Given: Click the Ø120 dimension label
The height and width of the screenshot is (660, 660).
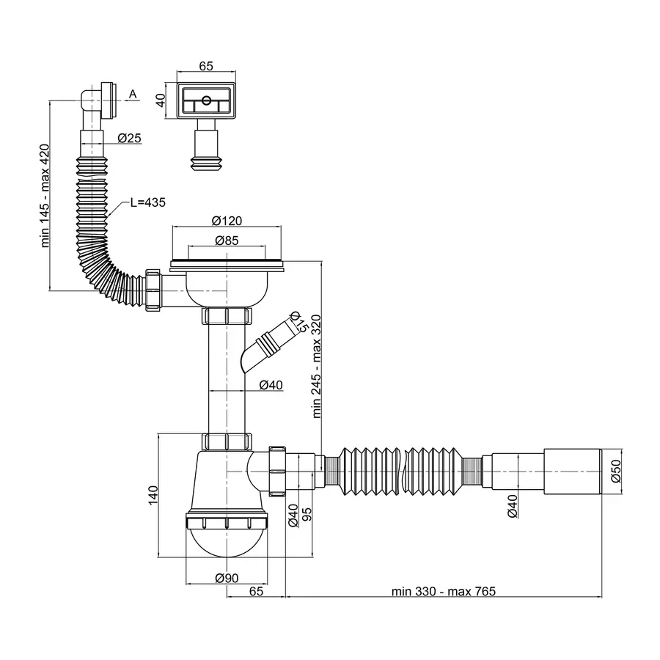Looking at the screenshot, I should click(x=227, y=221).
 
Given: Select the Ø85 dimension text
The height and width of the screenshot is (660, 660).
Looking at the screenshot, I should click(x=227, y=240).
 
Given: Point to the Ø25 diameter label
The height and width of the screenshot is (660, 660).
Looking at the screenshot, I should click(x=129, y=138).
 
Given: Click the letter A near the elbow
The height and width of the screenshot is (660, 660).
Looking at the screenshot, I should click(x=133, y=94).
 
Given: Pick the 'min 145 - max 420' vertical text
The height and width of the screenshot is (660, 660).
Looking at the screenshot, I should click(x=45, y=195).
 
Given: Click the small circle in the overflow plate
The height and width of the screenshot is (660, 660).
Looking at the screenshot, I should click(x=206, y=100).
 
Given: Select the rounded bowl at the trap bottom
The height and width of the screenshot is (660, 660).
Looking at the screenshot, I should click(x=227, y=543).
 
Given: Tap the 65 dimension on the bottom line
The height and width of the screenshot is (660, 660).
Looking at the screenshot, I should click(x=255, y=591).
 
